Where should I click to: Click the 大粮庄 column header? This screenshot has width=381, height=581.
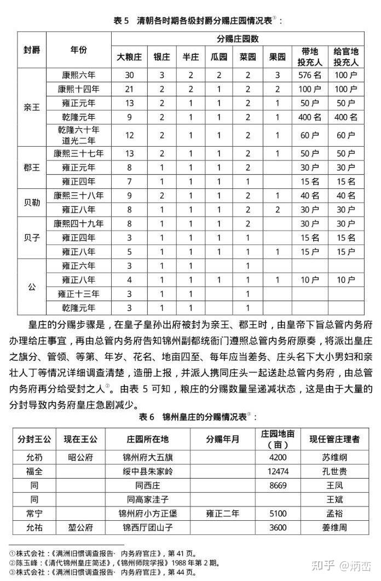pyautogui.click(x=129, y=56)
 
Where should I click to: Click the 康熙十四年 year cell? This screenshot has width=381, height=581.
pyautogui.click(x=79, y=88)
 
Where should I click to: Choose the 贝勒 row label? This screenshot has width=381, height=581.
pyautogui.click(x=32, y=202)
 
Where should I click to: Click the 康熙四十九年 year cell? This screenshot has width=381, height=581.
pyautogui.click(x=79, y=223)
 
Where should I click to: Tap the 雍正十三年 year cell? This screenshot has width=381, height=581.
pyautogui.click(x=79, y=294)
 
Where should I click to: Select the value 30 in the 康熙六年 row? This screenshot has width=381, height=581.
pyautogui.click(x=129, y=74)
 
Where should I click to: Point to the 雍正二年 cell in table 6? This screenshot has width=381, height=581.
pyautogui.click(x=222, y=514)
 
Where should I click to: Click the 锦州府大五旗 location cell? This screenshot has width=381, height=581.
pyautogui.click(x=148, y=457)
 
